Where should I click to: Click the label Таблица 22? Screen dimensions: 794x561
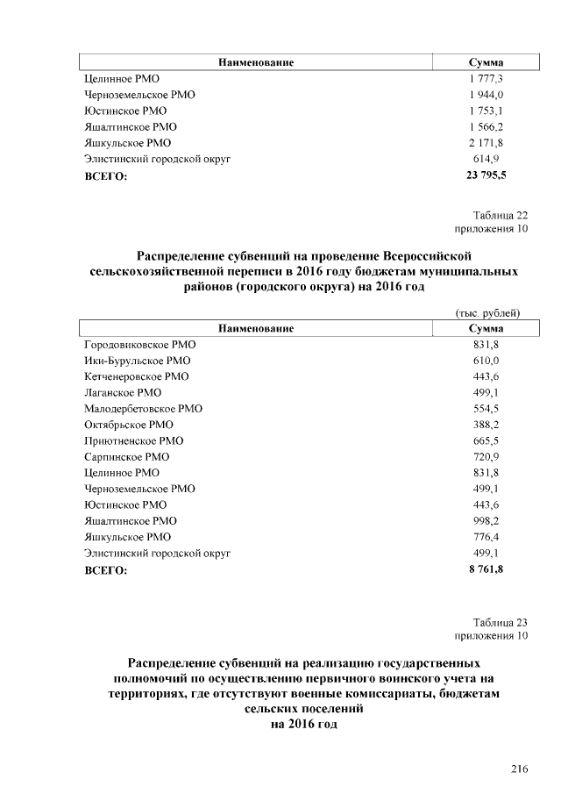point(501,215)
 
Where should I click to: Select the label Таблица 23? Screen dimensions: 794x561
point(501,621)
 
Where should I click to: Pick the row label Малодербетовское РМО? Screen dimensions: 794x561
point(143,409)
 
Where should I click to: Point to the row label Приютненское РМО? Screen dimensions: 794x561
point(133,441)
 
